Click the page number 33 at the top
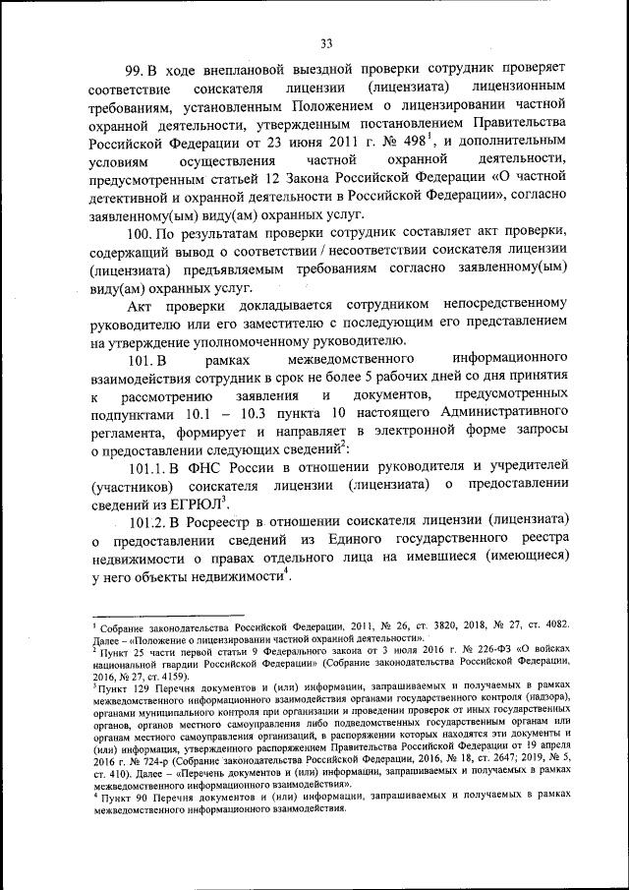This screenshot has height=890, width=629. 327,42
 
